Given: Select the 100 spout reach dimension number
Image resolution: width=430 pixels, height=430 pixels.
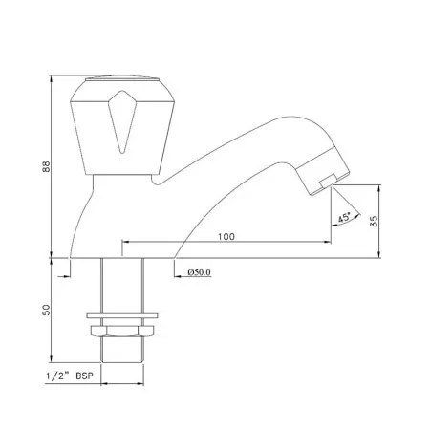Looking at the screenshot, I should pyautogui.click(x=226, y=236).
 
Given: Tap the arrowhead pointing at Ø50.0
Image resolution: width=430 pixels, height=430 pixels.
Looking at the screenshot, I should pyautogui.click(x=180, y=273).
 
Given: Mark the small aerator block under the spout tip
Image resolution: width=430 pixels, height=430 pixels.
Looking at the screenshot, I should pyautogui.click(x=326, y=180).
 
